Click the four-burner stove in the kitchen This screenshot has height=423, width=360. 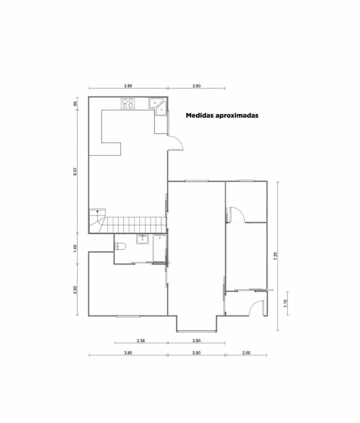coord(128,103)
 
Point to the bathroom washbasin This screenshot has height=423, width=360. coord(142,239)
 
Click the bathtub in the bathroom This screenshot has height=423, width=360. coord(159,248)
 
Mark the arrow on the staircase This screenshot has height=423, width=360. coord(98,212)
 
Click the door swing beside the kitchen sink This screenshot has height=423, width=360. coord(176,143)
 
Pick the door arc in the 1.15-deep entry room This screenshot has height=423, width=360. coord(257,308)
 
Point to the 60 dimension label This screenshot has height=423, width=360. coord(75,104)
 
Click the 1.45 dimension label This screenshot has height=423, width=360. coord(75,249)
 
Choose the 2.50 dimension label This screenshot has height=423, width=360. coord(75,289)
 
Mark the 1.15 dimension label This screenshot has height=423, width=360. coord(285,303)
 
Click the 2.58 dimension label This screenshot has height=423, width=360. coord(141,341)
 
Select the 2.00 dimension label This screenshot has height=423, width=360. coord(246,352)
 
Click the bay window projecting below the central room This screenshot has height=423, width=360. coord(196,331)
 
